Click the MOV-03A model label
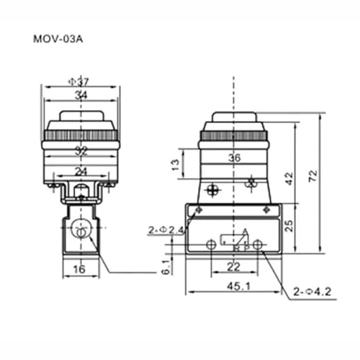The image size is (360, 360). pos(58,39)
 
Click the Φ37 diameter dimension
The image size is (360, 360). pos(78,82)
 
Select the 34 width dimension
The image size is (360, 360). pos(81,95)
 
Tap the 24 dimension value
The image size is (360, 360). pos(81,171)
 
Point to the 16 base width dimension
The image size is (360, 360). pos(79,269)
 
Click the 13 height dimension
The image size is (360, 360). pos(176,164)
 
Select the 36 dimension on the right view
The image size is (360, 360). pos(234,158)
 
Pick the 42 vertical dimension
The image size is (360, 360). pos(289,179)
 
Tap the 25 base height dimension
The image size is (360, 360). pos(289,225)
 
